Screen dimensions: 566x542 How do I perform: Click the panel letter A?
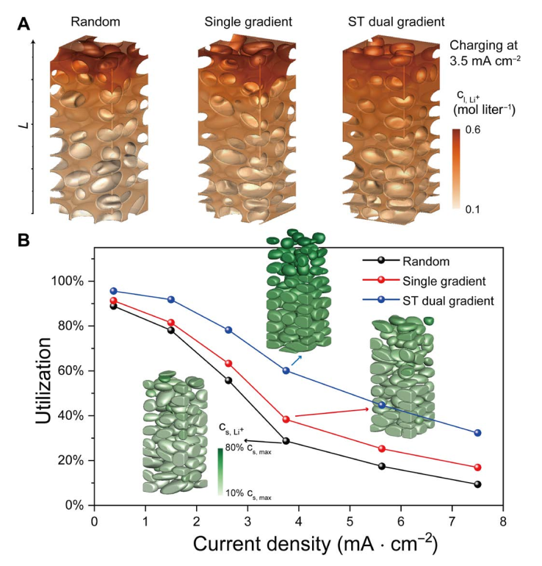[24, 24]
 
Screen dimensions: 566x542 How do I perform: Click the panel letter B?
[24, 241]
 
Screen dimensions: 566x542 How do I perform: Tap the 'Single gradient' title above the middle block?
[248, 22]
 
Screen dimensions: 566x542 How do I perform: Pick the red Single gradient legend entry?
[441, 280]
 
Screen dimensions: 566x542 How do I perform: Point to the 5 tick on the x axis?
[350, 521]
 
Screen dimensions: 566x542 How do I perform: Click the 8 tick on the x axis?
[502, 521]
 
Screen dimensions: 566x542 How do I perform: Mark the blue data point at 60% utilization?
[286, 370]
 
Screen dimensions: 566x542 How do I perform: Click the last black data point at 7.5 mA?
[477, 484]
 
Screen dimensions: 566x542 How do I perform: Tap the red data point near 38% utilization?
[286, 419]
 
